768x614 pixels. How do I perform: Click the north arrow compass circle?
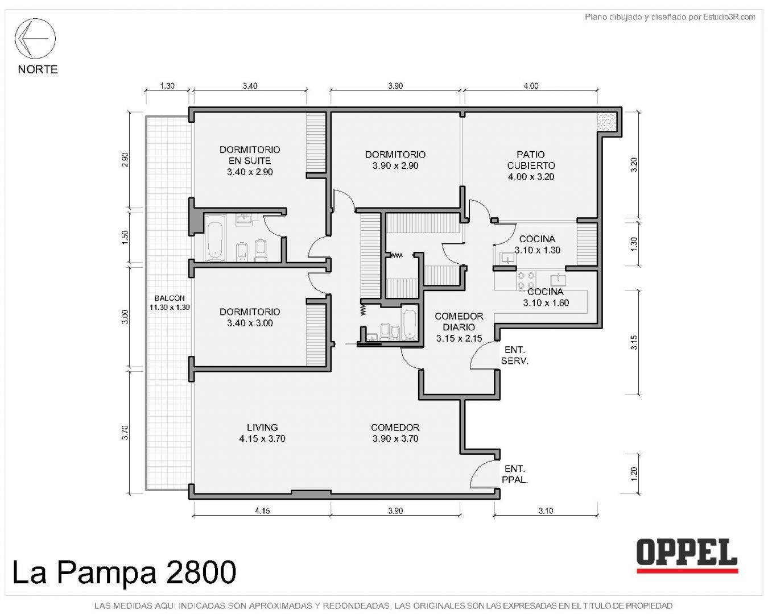click(35, 19)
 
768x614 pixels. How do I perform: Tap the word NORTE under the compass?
click(38, 69)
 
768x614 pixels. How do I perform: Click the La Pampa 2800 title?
click(124, 572)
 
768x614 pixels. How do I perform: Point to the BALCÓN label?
click(170, 302)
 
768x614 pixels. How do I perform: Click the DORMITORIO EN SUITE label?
click(250, 160)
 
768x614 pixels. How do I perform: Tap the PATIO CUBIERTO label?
click(531, 165)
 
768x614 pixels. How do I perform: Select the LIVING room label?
click(262, 433)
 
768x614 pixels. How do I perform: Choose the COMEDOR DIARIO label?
click(459, 327)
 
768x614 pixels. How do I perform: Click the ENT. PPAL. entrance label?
click(515, 474)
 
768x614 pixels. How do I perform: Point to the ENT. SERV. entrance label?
click(515, 355)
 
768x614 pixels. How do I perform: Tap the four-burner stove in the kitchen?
click(526, 280)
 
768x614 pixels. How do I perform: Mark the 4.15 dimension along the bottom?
click(262, 511)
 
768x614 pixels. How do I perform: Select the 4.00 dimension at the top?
click(531, 86)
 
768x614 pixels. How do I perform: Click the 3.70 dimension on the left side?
click(125, 433)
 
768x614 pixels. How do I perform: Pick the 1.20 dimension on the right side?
click(634, 474)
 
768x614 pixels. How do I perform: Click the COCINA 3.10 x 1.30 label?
click(537, 244)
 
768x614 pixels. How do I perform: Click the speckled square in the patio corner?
click(608, 122)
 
